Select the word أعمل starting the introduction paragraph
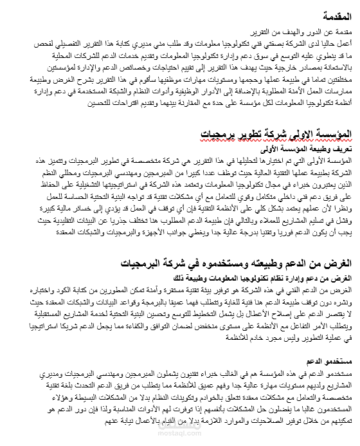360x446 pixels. (345, 43)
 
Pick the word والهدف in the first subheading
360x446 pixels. (289, 32)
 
